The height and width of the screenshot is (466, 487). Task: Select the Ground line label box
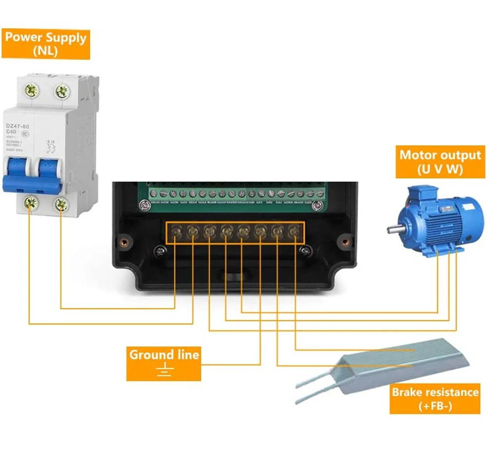point(164,363)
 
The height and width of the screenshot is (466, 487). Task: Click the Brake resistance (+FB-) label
point(434,399)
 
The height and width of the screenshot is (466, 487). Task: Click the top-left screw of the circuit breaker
point(33,90)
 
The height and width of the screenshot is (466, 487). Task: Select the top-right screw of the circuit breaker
point(61,90)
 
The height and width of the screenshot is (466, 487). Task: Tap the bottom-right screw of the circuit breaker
point(61,204)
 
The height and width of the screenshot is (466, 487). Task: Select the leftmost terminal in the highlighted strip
point(176,231)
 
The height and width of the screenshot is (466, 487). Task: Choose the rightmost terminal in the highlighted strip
point(294,231)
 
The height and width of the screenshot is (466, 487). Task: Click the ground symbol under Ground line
point(165,371)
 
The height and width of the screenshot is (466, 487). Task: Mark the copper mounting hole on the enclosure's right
point(346,242)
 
